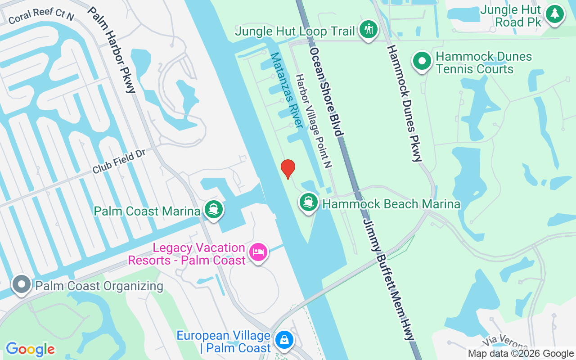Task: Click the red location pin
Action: (288, 169)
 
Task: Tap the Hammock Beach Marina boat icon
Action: (308, 202)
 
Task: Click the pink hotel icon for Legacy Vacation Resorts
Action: (258, 252)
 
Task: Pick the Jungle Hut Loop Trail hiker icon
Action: (369, 30)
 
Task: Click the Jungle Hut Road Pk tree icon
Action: (554, 14)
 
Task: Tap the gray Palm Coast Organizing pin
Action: (21, 284)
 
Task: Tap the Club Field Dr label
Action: (119, 162)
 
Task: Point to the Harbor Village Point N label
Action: (313, 121)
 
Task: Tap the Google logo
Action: (30, 349)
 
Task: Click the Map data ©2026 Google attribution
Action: (521, 354)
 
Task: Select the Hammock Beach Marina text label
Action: (391, 204)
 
